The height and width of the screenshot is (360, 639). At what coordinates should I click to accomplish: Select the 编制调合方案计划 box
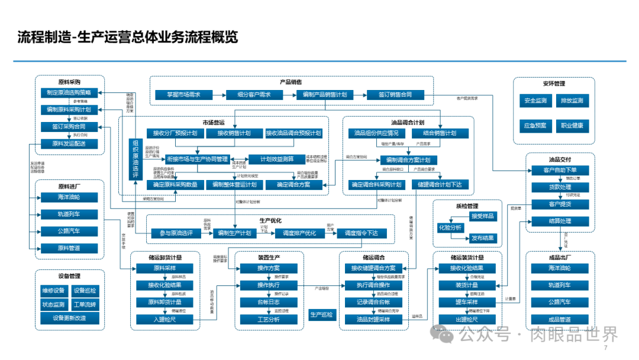408,160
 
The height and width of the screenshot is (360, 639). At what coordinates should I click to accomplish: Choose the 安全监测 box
535,101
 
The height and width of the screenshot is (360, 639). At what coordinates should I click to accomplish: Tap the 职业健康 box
572,126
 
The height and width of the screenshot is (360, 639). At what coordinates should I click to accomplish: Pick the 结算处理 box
560,221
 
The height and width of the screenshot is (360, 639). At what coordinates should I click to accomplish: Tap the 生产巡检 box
321,314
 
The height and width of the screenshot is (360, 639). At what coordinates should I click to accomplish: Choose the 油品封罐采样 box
373,320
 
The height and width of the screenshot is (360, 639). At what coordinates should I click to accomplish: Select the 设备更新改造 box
69,318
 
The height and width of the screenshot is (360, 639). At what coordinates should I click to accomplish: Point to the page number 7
605,348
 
